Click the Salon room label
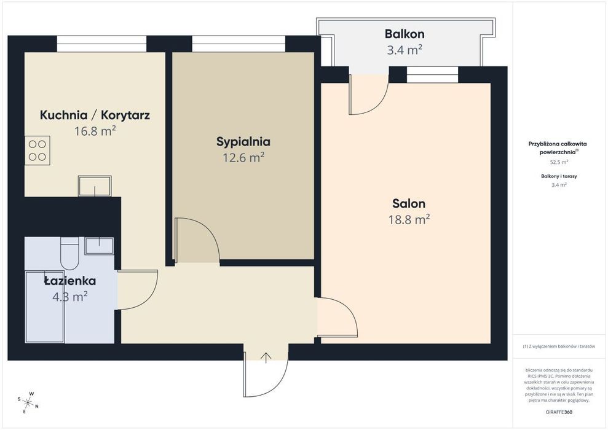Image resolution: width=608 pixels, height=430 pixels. [x=409, y=203]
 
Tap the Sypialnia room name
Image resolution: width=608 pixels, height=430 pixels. [x=243, y=142]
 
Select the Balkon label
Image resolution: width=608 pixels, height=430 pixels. [x=405, y=34]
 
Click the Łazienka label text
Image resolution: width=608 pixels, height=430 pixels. [x=70, y=281]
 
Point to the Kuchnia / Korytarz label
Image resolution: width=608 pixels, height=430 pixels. [x=95, y=115]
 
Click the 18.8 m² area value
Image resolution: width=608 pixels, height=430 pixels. [x=409, y=220]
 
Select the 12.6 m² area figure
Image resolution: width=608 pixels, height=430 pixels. [x=243, y=158]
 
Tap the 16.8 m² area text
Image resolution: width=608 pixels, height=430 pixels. [x=95, y=131]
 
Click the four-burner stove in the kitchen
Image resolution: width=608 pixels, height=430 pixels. [x=38, y=150]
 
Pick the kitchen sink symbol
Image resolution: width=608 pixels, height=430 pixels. [x=95, y=186]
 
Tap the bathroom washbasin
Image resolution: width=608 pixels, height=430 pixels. [x=99, y=246]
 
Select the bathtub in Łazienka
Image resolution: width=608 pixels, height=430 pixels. [x=45, y=307]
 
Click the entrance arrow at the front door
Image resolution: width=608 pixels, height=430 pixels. [x=266, y=358]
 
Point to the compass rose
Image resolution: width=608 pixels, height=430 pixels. [x=28, y=402]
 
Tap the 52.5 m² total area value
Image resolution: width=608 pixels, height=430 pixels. [x=559, y=162]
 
